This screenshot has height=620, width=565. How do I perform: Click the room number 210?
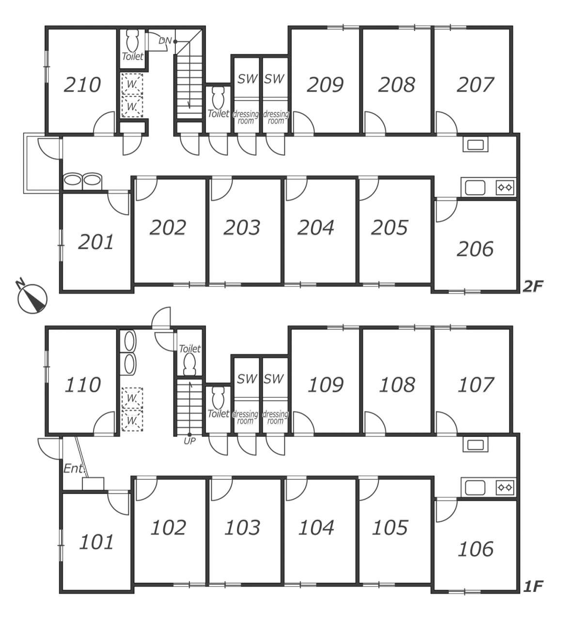coord(82,85)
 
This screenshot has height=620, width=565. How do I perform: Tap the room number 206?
coord(475,249)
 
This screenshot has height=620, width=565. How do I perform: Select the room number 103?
coord(242,527)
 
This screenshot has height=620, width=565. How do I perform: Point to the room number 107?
coord(476,385)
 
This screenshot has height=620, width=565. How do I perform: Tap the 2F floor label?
coord(533,287)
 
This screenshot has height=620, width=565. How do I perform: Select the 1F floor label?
coord(533,587)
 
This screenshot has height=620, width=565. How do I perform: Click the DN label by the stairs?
coord(165,41)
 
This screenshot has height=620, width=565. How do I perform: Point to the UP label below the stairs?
coord(189,441)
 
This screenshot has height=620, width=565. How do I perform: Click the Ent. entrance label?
coord(74,468)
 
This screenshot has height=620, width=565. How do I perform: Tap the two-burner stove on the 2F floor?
coord(505,187)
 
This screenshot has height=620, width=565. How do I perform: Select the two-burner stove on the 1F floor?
coord(505,487)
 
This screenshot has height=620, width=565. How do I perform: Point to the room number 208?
coord(396,85)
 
